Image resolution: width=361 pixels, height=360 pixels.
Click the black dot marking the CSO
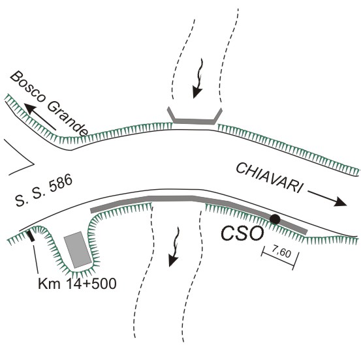pyautogui.click(x=275, y=219)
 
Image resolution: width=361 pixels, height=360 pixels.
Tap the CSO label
pyautogui.click(x=242, y=233)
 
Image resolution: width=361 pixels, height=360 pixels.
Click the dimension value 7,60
pyautogui.click(x=281, y=253)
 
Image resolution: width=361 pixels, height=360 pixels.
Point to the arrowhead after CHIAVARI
pyautogui.click(x=341, y=202)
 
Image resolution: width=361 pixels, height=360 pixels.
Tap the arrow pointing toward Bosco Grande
pyautogui.click(x=40, y=117)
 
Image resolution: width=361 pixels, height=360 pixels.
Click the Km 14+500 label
pyautogui.click(x=77, y=284)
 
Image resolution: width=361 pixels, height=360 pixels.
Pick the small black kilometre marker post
pyautogui.click(x=31, y=236)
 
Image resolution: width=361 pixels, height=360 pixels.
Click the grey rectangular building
pyautogui.click(x=77, y=250)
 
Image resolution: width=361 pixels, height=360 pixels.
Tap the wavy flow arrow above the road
pyautogui.click(x=198, y=78)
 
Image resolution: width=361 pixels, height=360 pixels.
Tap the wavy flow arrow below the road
pyautogui.click(x=174, y=247)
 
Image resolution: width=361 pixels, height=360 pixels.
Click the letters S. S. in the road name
pyautogui.click(x=28, y=196)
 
